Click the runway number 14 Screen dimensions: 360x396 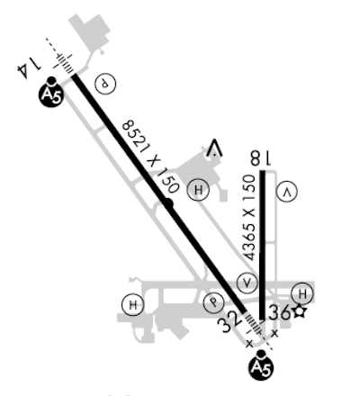28,68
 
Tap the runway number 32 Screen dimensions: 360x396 230,322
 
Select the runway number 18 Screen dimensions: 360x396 261,158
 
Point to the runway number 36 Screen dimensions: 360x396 279,312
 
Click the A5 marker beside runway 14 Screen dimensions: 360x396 51,92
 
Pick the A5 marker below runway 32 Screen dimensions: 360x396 261,365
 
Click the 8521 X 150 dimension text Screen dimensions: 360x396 151,156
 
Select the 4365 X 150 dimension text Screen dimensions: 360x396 249,218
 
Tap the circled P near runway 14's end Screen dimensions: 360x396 105,84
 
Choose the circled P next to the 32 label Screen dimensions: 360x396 213,302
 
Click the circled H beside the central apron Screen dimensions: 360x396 198,190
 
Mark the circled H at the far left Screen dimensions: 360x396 133,305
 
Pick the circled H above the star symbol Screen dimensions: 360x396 302,293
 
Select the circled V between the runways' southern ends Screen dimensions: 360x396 247,283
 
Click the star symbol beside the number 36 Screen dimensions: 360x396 300,312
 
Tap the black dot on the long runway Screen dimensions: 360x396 168,203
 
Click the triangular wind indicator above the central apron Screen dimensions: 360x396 214,148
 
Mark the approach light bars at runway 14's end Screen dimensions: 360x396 63,61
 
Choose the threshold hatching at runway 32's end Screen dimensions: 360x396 254,322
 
